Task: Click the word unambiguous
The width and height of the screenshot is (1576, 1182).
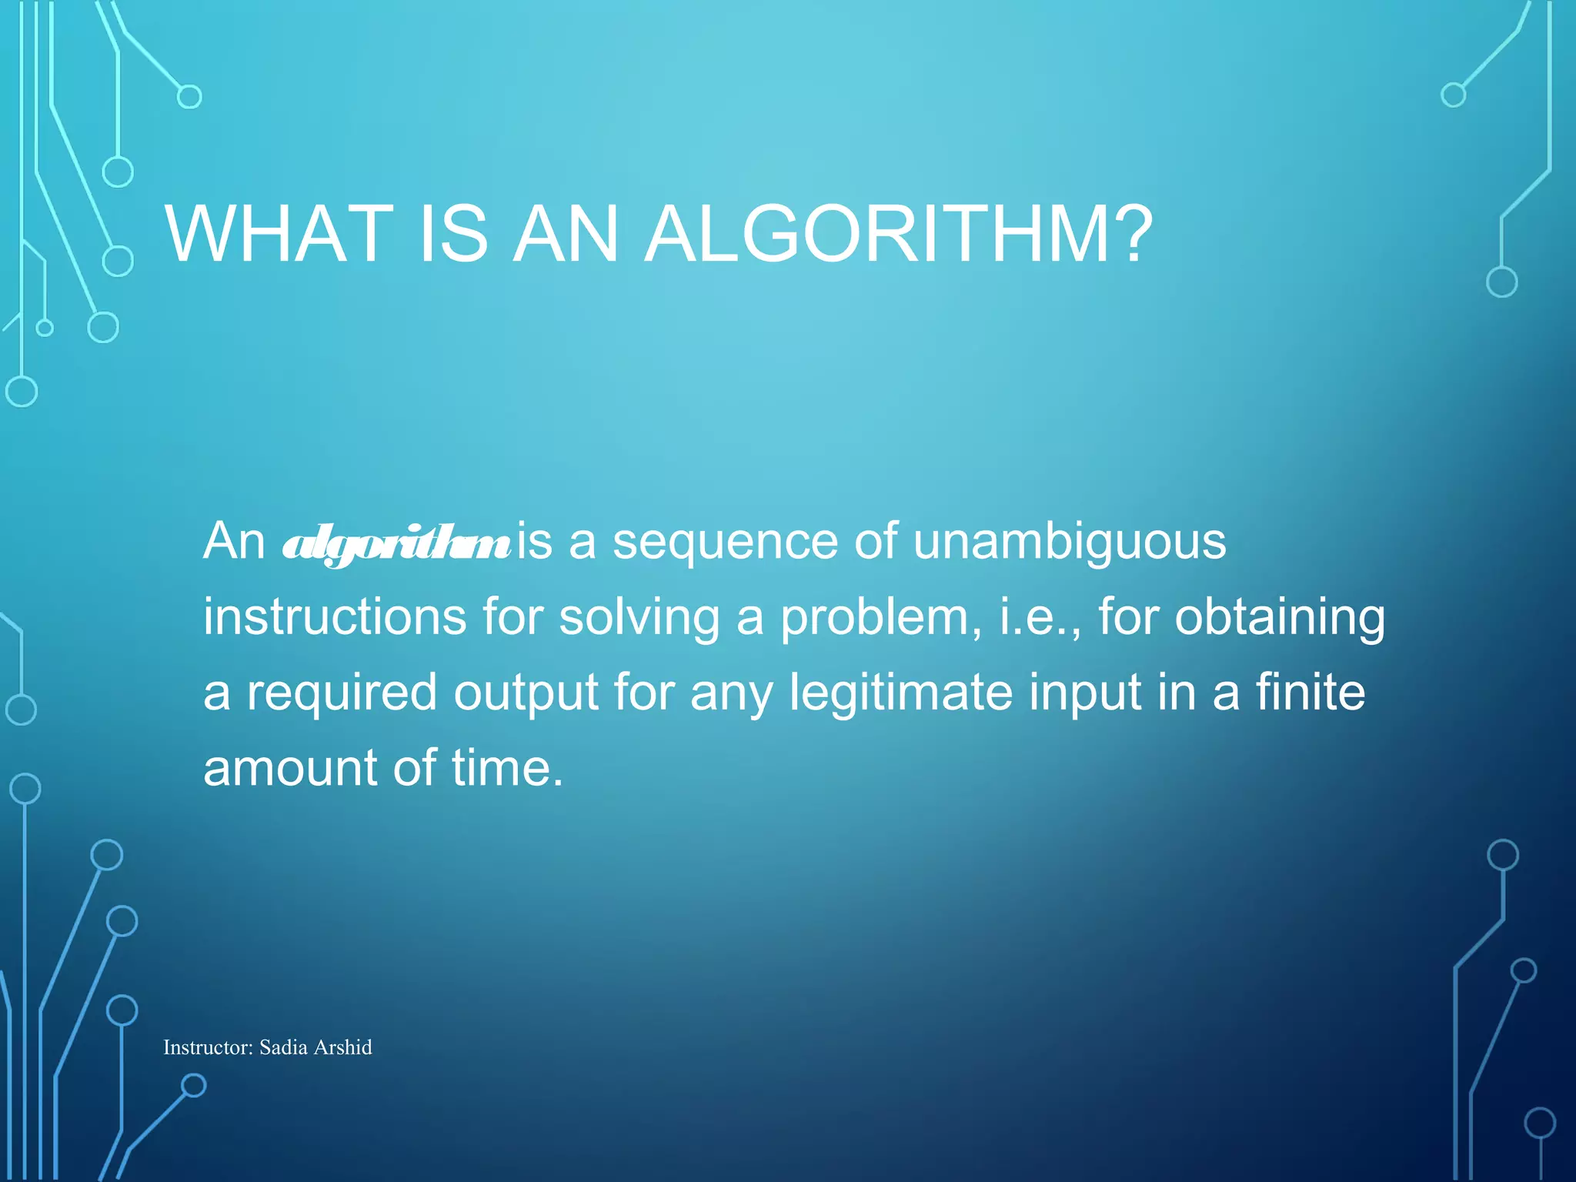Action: click(x=1069, y=541)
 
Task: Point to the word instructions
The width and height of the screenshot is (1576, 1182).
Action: click(x=335, y=616)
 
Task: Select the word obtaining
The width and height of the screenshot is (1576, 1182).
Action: click(x=1279, y=618)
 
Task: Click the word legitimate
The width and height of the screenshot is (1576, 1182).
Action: click(x=901, y=693)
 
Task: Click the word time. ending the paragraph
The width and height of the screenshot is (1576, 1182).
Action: click(x=507, y=767)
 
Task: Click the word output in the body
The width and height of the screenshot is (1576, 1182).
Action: click(x=526, y=693)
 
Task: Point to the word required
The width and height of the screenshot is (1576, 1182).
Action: click(x=342, y=693)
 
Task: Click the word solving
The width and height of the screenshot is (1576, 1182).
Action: click(x=639, y=618)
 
